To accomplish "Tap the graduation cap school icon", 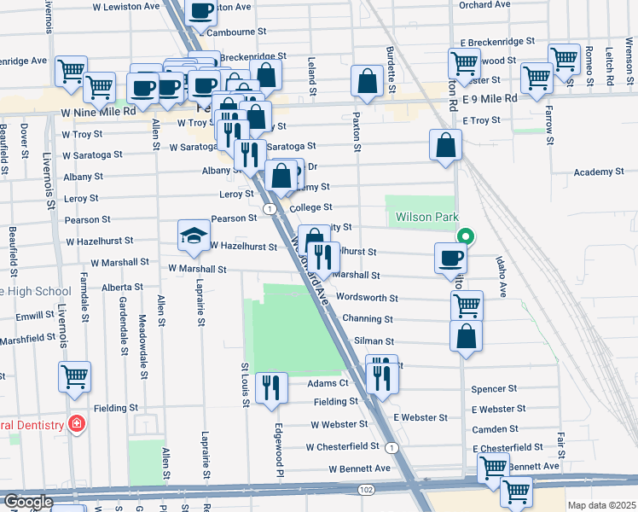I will [194, 236].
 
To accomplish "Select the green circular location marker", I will [466, 237].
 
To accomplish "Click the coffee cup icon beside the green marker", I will [450, 258].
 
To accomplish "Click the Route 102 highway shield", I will [367, 490].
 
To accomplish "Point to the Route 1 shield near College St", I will [270, 208].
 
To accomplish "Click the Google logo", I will [27, 502].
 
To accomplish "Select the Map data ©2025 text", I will [601, 505].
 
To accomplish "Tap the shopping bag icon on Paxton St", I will [368, 82].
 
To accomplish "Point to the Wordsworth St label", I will [368, 299].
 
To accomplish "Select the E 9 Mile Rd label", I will [489, 99].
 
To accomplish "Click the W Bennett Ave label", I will [359, 468].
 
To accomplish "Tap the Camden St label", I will [495, 429].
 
